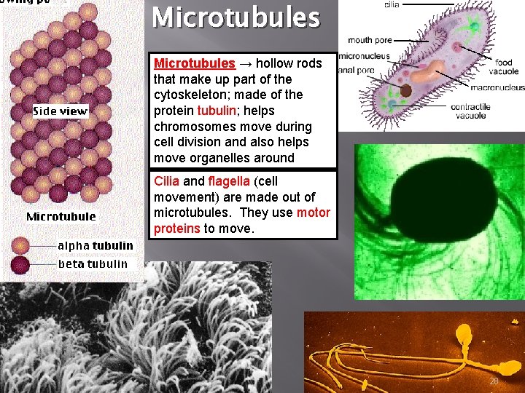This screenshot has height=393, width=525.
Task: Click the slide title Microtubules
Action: click(x=236, y=17)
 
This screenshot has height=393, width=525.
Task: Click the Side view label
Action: click(x=61, y=111)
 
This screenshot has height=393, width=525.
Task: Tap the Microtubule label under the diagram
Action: click(x=61, y=216)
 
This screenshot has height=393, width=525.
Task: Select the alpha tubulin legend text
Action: click(x=96, y=245)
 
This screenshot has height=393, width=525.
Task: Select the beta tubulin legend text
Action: click(x=93, y=263)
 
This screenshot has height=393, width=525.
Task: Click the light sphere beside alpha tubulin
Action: click(x=40, y=246)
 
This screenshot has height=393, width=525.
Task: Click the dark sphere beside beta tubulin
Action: click(x=40, y=264)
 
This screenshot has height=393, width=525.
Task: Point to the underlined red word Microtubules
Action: click(x=195, y=63)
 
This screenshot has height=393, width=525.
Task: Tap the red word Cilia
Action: click(x=165, y=181)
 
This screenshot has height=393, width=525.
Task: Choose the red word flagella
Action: click(x=230, y=181)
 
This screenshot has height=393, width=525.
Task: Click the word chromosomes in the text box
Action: click(x=196, y=127)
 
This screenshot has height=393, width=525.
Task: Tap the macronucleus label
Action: click(x=497, y=87)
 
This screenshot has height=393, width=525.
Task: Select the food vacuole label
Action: click(x=503, y=67)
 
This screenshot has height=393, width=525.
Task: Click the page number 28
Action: click(x=494, y=381)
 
